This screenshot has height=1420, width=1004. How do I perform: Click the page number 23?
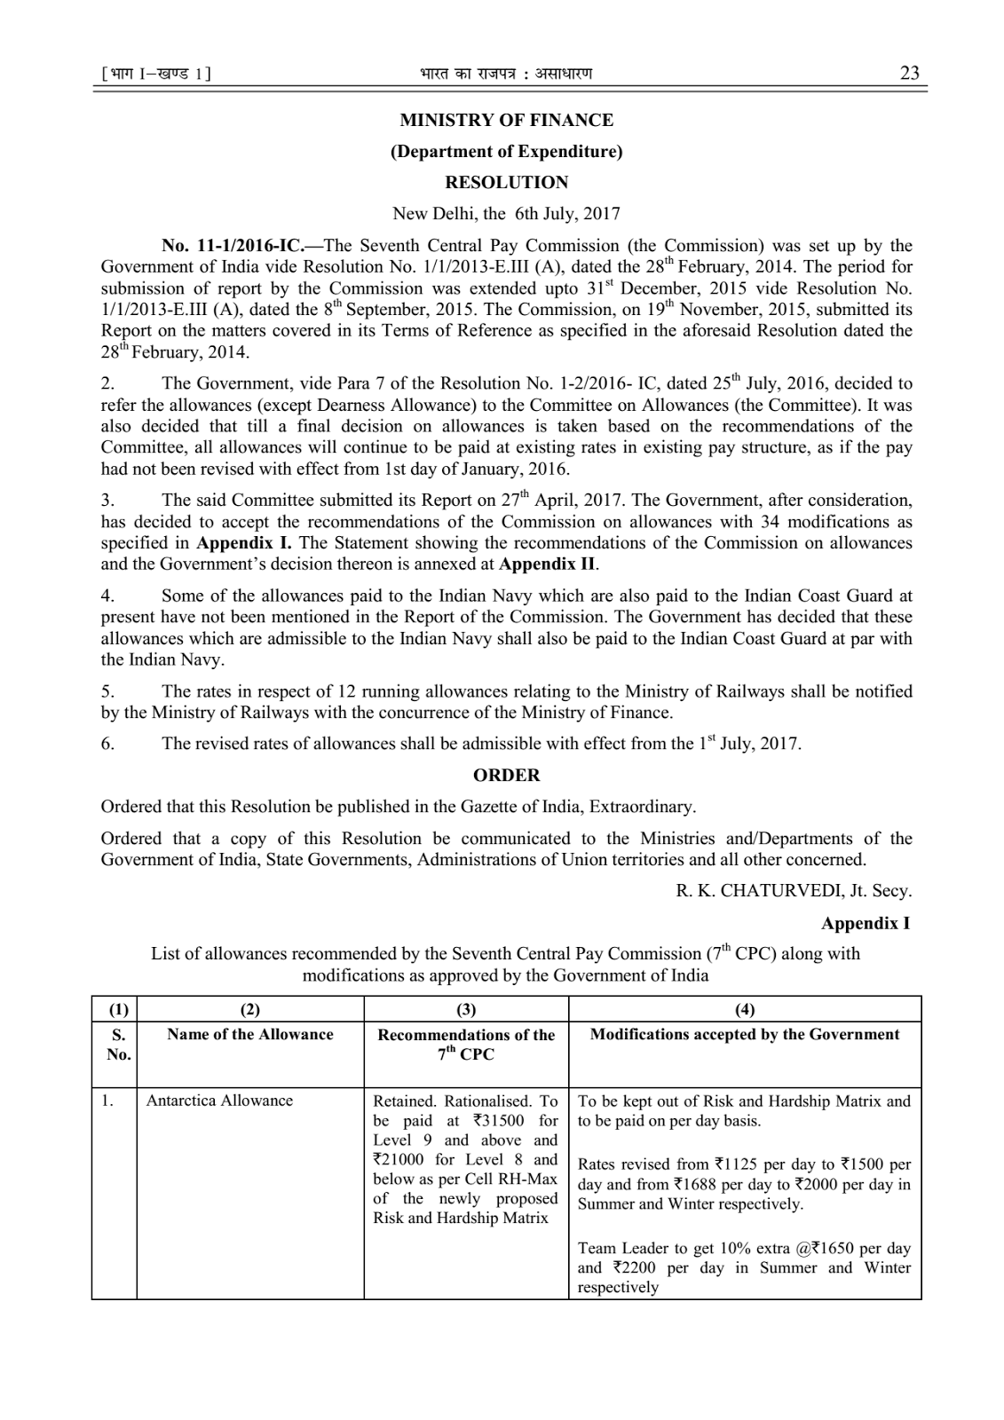[909, 73]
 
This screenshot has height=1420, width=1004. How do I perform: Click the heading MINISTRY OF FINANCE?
[506, 120]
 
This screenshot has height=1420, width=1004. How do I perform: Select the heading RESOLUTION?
[506, 182]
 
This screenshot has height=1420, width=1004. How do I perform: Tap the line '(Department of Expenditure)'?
[506, 151]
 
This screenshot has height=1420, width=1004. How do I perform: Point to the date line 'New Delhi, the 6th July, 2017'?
[506, 213]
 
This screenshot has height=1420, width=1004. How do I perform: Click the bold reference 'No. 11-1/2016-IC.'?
[226, 245]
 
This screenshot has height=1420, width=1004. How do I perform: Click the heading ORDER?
[506, 775]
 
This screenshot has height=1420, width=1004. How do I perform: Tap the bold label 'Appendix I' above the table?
[865, 923]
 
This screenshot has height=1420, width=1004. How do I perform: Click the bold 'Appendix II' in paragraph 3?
[548, 564]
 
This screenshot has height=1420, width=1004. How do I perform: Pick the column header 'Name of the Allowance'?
[250, 1034]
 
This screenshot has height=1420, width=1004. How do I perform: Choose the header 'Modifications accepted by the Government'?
[745, 1034]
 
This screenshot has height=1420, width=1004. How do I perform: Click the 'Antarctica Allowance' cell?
[219, 1100]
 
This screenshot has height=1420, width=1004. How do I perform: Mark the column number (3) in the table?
[466, 1009]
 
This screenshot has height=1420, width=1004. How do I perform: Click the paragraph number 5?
[107, 690]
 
